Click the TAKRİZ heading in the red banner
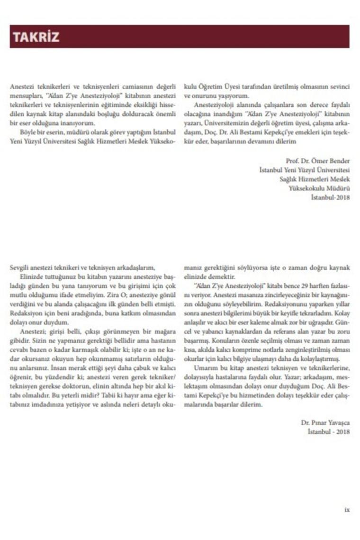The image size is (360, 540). [36, 37]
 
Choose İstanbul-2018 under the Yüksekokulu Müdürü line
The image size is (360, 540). [330, 197]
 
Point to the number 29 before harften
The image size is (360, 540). [291, 285]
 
